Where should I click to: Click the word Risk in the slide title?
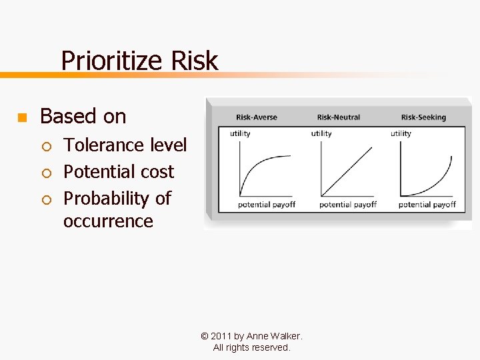(194, 61)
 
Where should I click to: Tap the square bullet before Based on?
(21, 118)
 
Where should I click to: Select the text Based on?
(83, 116)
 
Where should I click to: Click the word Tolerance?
(105, 145)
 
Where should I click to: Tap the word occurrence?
(108, 221)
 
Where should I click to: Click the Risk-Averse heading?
(257, 117)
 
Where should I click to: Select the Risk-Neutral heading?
(338, 117)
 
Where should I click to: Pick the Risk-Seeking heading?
(423, 117)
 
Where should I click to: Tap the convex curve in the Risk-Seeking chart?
(437, 181)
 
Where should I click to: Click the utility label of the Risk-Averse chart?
(240, 133)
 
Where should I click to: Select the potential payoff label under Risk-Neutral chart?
(347, 205)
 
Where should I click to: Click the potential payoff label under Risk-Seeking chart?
(427, 205)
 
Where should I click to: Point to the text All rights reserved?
(251, 347)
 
